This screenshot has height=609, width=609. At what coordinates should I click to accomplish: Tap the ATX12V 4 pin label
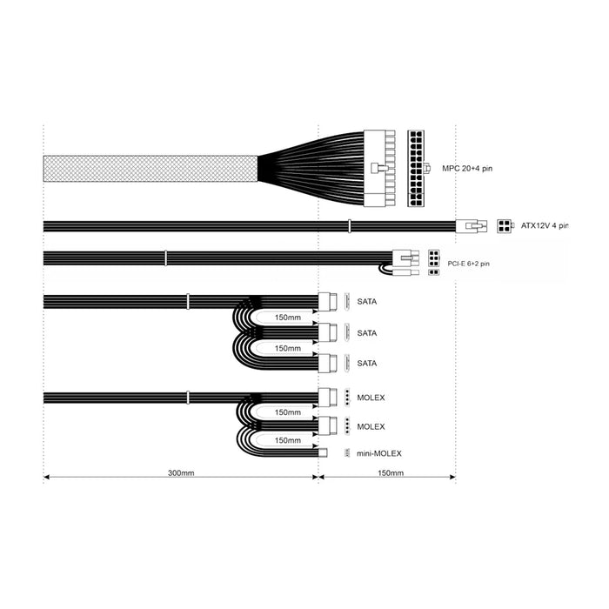pyautogui.click(x=544, y=226)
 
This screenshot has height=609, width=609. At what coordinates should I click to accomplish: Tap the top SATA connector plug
pyautogui.click(x=330, y=301)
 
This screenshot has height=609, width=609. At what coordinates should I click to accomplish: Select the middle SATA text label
pyautogui.click(x=367, y=332)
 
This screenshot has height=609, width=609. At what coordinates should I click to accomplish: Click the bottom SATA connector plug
pyautogui.click(x=330, y=363)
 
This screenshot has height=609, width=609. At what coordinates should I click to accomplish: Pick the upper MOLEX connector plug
pyautogui.click(x=330, y=397)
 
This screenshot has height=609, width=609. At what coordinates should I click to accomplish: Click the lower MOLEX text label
pyautogui.click(x=371, y=426)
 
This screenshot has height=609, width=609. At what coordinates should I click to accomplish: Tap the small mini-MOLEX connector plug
pyautogui.click(x=324, y=453)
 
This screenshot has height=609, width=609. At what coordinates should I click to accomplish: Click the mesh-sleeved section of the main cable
pyautogui.click(x=149, y=169)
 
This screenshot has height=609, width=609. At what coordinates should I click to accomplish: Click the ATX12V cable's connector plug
pyautogui.click(x=471, y=226)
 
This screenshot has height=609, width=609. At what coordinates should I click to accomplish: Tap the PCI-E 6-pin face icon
pyautogui.click(x=434, y=258)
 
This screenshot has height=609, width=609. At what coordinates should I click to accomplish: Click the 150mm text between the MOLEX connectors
pyautogui.click(x=288, y=412)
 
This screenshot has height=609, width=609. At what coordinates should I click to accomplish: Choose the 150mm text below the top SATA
pyautogui.click(x=288, y=317)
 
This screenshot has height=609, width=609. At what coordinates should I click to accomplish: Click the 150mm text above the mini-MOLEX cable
pyautogui.click(x=288, y=440)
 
